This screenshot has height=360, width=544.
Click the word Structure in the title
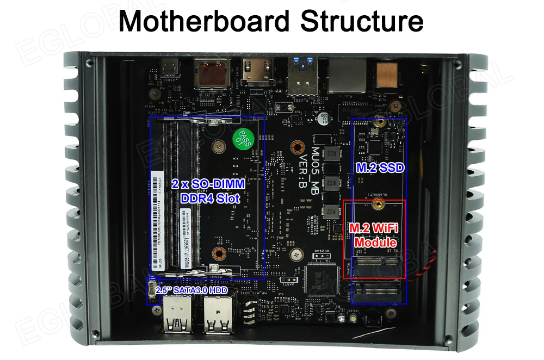pos(362,21)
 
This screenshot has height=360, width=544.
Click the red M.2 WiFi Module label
pos(374,234)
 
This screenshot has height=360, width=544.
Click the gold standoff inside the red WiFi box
pos(375,206)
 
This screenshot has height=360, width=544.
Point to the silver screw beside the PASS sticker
pos(218,146)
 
